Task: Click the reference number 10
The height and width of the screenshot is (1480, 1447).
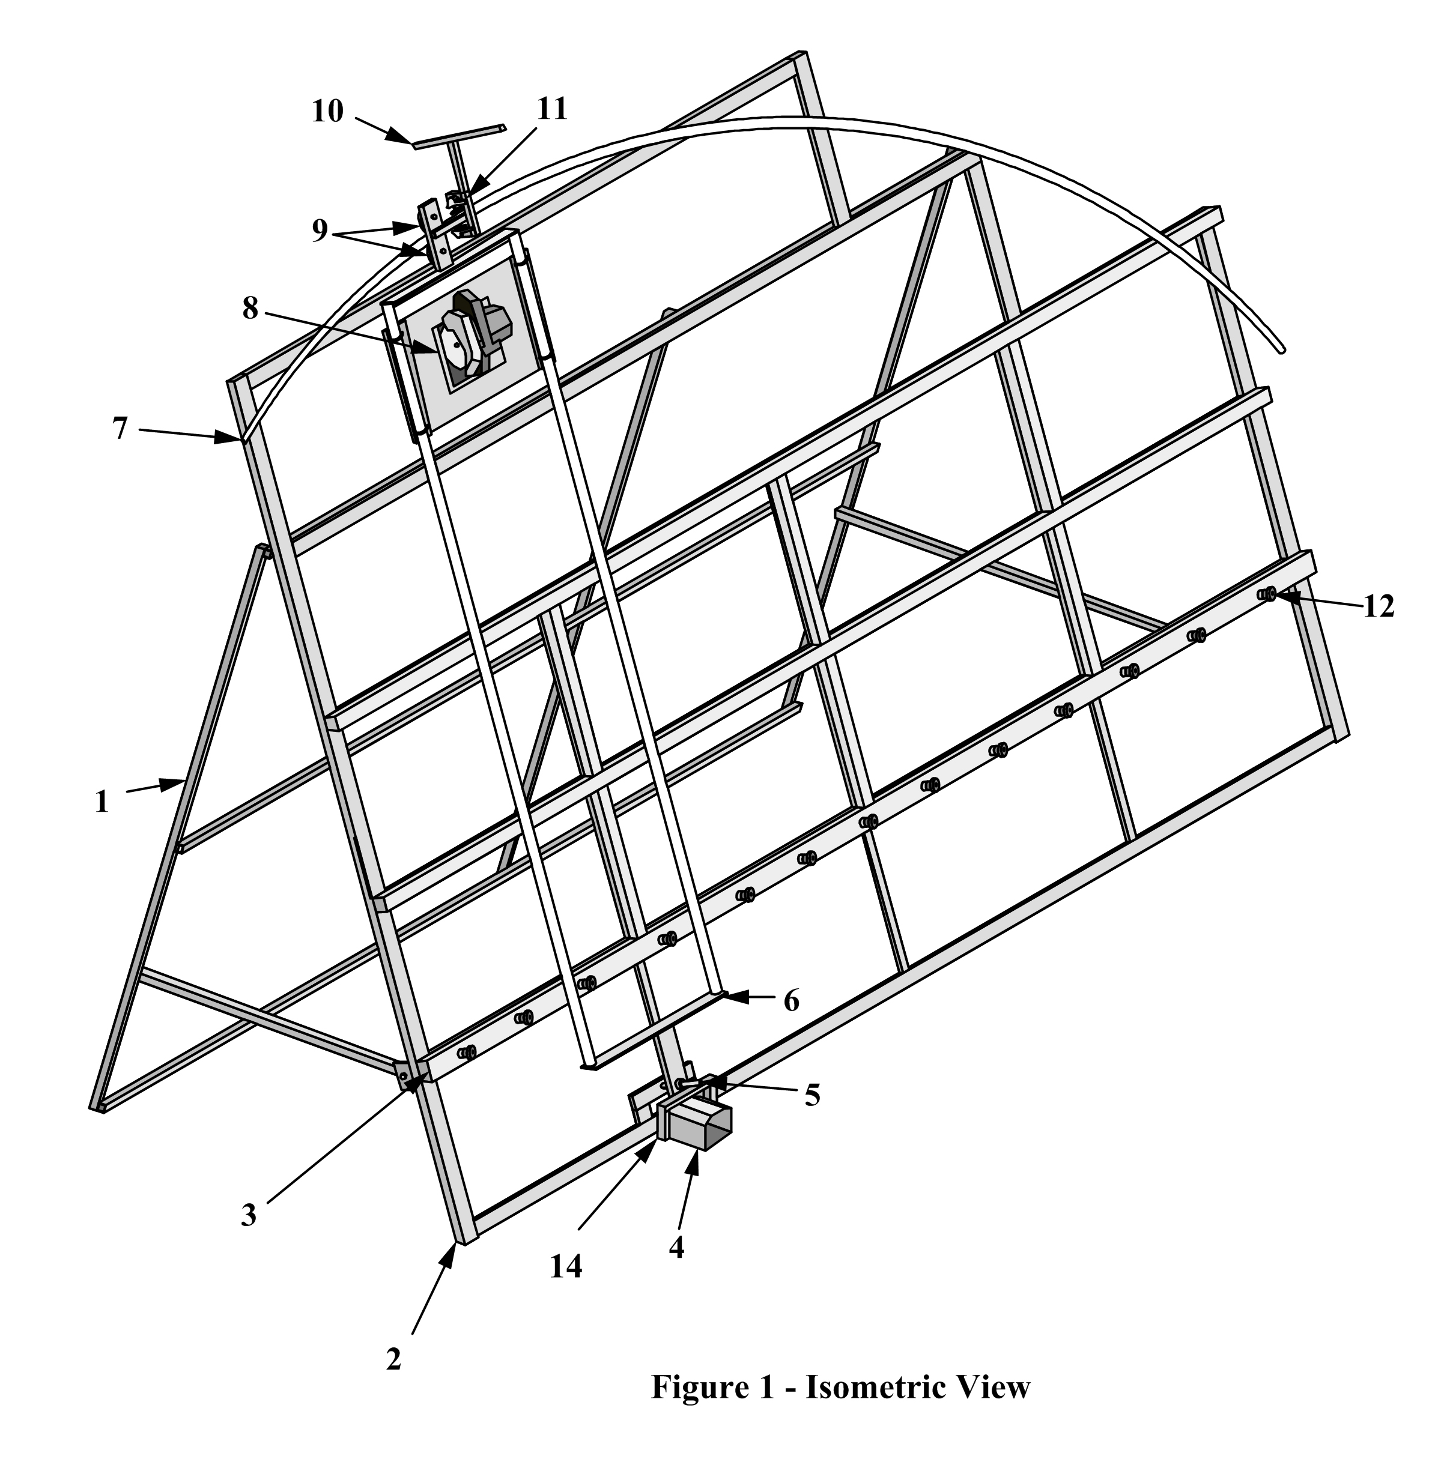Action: pyautogui.click(x=327, y=112)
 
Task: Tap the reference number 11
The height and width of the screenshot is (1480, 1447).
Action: pyautogui.click(x=553, y=109)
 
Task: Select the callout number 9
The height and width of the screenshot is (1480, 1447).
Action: pyautogui.click(x=320, y=230)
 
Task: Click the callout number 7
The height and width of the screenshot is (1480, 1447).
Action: pyautogui.click(x=120, y=429)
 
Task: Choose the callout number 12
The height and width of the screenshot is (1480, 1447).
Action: pyautogui.click(x=1379, y=606)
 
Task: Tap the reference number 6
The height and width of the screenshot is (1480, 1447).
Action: pyautogui.click(x=791, y=1001)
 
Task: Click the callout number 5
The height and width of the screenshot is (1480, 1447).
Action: pyautogui.click(x=813, y=1095)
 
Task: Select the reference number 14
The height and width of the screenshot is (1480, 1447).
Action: pyautogui.click(x=566, y=1266)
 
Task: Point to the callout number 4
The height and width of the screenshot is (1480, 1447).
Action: pyautogui.click(x=676, y=1247)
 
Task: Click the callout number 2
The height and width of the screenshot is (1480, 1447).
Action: pyautogui.click(x=393, y=1359)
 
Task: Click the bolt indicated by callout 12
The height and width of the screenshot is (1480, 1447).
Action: pyautogui.click(x=1266, y=594)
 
